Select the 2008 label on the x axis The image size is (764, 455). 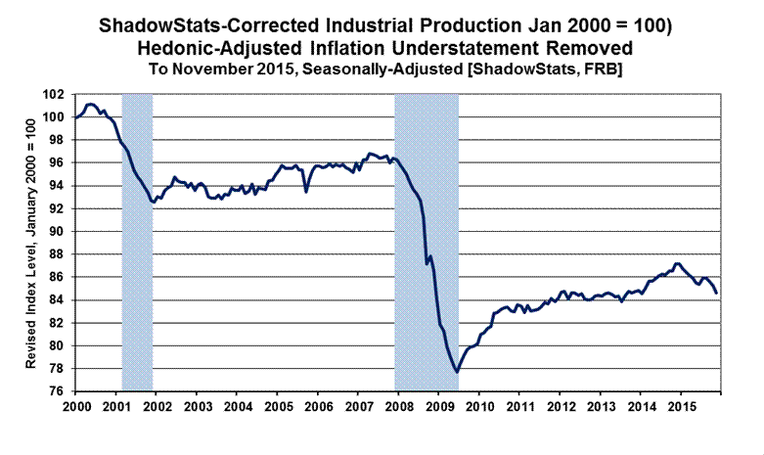[398, 404]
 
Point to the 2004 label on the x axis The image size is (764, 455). [238, 404]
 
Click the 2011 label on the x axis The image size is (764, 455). [519, 404]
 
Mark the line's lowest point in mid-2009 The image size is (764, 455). [457, 372]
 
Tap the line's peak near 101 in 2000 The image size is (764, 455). [90, 104]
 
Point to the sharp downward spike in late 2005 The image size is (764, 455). [306, 191]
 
